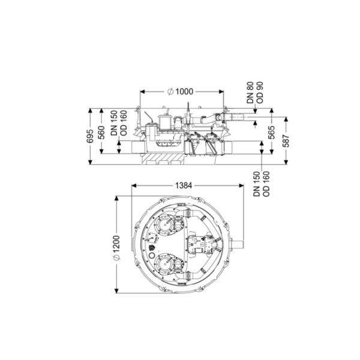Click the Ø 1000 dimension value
181,92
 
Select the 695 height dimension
90,136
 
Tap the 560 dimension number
101,133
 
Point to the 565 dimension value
272,132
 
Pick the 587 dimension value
286,141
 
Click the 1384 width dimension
184,185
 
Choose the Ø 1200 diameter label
116,248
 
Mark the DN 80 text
250,92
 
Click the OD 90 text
259,92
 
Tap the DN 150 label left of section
114,123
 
